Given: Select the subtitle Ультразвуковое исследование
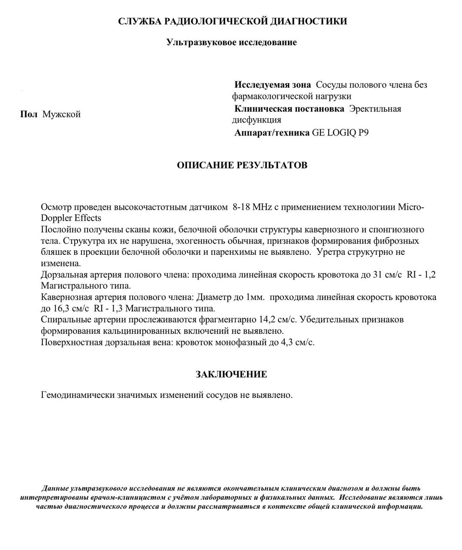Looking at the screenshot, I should (x=232, y=42).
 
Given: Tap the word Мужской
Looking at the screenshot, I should (x=61, y=114).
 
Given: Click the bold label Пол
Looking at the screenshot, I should (x=29, y=114).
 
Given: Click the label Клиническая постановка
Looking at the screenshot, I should (x=289, y=109).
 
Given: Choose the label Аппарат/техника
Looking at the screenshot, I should (x=272, y=132).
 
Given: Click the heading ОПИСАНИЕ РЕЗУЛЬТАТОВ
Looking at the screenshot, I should (x=242, y=165).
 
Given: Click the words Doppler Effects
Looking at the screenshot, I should (x=71, y=217).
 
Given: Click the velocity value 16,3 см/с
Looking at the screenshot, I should (x=65, y=308).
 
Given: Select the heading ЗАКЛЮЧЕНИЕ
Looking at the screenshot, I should (x=231, y=374).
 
